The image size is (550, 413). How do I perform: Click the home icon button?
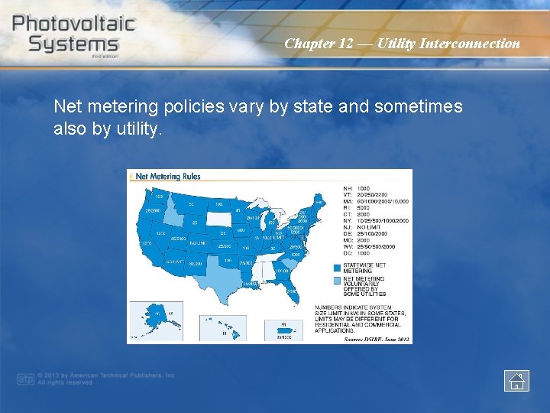(516, 380)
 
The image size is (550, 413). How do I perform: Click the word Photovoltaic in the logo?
(73, 22)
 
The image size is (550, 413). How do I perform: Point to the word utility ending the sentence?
(137, 129)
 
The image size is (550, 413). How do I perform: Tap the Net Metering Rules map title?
(168, 177)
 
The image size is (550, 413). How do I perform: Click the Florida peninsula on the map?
(290, 291)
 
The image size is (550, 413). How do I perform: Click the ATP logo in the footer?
(26, 379)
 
